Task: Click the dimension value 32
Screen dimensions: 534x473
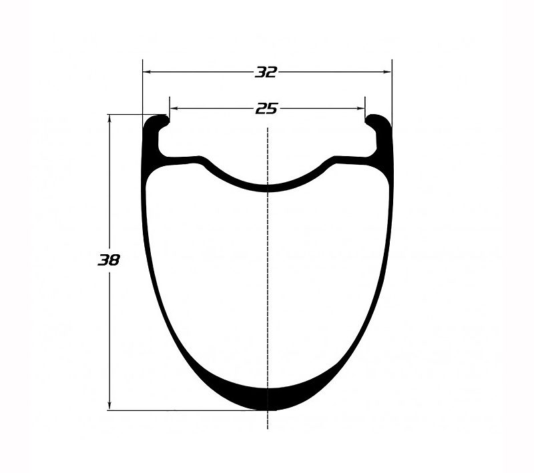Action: [x=266, y=72]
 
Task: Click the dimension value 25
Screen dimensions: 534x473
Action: [x=266, y=109]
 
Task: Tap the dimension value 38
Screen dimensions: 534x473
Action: [x=109, y=260]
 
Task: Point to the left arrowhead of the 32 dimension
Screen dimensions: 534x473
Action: [x=147, y=72]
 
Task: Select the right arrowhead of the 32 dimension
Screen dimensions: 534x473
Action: [x=387, y=72]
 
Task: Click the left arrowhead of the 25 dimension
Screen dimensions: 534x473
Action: [x=174, y=109]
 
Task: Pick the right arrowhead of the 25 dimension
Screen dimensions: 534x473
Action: [x=360, y=109]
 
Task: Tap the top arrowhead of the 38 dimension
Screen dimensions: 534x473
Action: [x=109, y=119]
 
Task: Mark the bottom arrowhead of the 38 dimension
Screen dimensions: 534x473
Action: [x=109, y=406]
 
